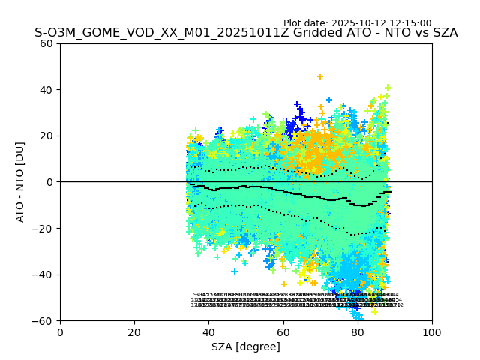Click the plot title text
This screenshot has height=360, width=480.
pos(246,33)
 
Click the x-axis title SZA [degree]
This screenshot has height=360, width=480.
pos(246,346)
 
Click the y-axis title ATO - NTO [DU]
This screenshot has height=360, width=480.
pos(21,182)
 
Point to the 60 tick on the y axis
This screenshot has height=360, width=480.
pos(46,43)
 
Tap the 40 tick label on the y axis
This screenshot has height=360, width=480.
pos(46,90)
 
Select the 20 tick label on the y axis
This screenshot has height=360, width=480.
pos(46,136)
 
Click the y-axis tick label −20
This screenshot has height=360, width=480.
pos(43,229)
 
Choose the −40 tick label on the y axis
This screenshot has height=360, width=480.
pos(43,274)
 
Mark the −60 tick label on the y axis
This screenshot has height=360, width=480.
pos(43,321)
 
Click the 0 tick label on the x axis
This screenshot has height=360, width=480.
pos(60,332)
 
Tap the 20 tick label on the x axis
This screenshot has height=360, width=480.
pos(134,332)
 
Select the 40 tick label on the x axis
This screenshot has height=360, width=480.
pos(208,332)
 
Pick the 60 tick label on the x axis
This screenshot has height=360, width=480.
pos(283,332)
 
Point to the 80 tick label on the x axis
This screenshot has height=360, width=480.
pos(358,332)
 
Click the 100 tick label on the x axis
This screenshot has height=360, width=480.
pos(432,332)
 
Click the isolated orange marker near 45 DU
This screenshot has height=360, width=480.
pos(320,76)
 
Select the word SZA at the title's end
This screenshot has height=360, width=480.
pos(444,33)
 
